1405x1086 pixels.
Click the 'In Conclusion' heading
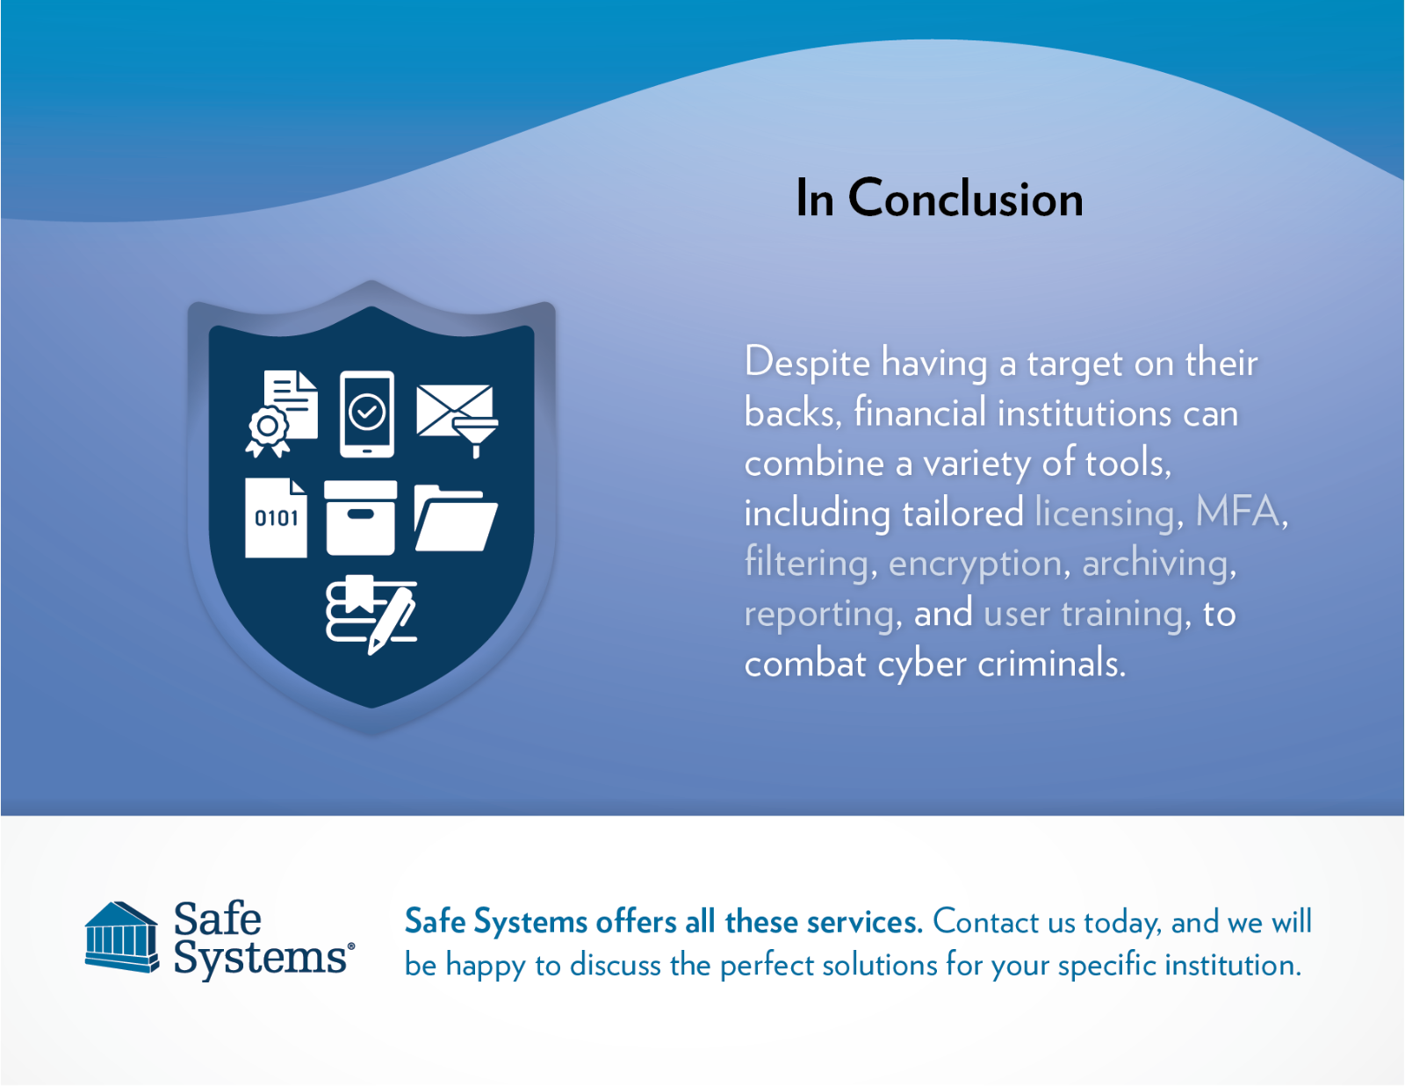point(939,198)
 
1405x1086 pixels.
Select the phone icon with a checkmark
point(367,414)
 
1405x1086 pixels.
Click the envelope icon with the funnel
point(456,416)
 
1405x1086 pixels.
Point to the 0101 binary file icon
point(276,517)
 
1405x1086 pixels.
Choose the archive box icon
point(360,517)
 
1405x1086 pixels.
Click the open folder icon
point(455,517)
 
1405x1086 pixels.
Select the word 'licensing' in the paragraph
point(1104,513)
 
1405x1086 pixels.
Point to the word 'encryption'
point(975,563)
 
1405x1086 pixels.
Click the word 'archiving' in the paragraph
point(1155,563)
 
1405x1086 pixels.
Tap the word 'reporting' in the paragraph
point(818,614)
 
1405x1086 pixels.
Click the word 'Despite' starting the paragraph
point(806,363)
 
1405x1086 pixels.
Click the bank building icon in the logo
point(122,937)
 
